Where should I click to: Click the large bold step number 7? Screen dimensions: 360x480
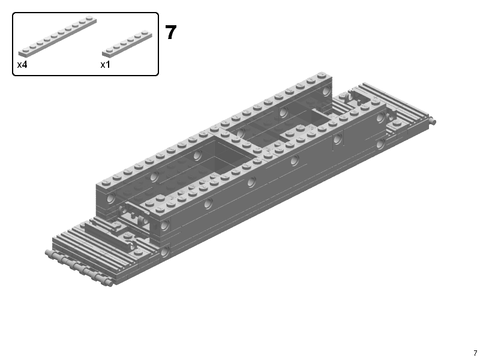coord(170,32)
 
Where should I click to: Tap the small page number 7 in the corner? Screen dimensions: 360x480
coord(475,353)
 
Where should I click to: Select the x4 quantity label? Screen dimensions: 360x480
coord(22,65)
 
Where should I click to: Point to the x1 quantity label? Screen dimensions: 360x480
coord(105,65)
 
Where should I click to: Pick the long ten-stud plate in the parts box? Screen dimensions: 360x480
coord(57,37)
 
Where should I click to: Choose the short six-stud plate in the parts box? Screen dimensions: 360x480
coord(127,44)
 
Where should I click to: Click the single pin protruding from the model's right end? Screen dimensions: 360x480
coord(433,122)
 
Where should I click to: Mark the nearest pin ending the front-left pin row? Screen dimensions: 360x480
coord(106,281)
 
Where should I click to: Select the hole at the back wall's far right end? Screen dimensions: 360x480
coord(326,92)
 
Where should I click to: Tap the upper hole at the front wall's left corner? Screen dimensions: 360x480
coord(165,225)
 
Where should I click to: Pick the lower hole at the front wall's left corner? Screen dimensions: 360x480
coord(164,252)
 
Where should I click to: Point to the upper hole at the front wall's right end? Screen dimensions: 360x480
coord(380,118)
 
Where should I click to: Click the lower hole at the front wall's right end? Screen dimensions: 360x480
coord(380,143)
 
